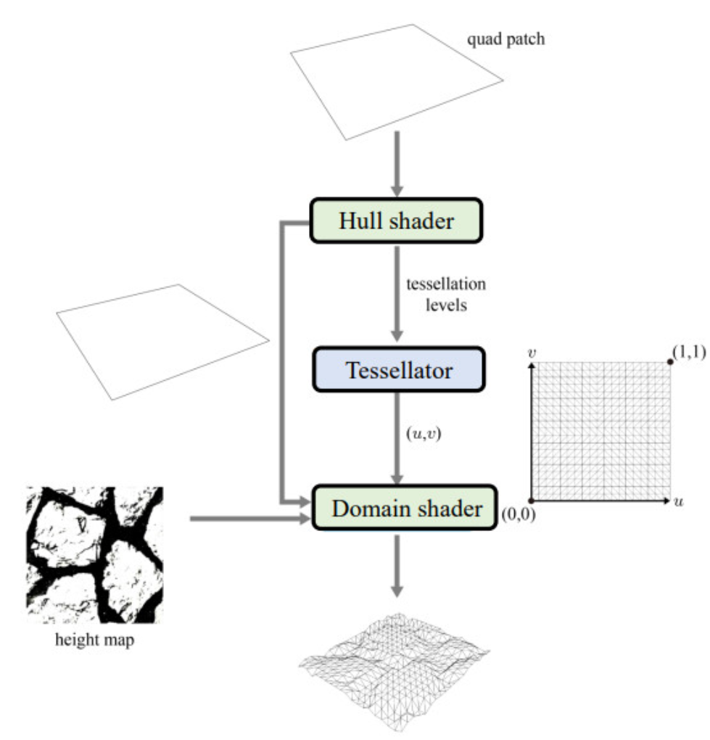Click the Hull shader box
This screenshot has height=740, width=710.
(x=397, y=220)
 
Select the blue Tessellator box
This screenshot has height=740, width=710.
(x=398, y=371)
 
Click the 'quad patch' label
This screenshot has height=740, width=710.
(x=505, y=38)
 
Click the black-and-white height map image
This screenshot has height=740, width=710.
(x=95, y=554)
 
